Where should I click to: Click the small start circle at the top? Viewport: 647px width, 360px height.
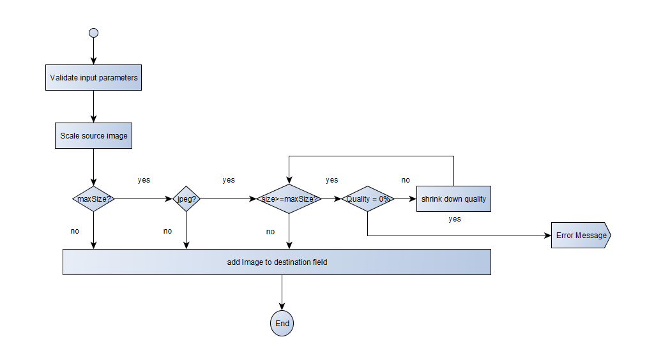(94, 33)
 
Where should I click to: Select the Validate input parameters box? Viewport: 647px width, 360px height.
(94, 78)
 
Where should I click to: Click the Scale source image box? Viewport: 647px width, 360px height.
(94, 135)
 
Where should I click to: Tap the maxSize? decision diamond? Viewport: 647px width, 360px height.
(94, 199)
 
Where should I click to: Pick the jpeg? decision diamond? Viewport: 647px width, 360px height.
(186, 199)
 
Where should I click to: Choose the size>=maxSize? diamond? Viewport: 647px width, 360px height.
(289, 199)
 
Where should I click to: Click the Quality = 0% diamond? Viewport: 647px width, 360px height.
(368, 199)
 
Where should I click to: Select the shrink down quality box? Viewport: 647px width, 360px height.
(453, 199)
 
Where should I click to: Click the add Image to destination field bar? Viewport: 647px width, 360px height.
(277, 262)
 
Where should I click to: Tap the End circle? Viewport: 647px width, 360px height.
(282, 323)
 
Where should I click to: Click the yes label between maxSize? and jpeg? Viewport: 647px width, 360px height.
(144, 180)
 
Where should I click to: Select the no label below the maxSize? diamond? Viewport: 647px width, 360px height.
(75, 231)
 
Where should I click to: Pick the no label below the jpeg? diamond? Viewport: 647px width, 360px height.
(167, 231)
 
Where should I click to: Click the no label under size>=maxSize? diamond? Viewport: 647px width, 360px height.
(270, 232)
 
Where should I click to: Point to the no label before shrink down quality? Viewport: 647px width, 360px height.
(406, 180)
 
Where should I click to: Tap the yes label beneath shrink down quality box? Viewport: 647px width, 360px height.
(455, 219)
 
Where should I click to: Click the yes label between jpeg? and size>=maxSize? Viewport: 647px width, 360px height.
(229, 180)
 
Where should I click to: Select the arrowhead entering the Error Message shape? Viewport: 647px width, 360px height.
(547, 236)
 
